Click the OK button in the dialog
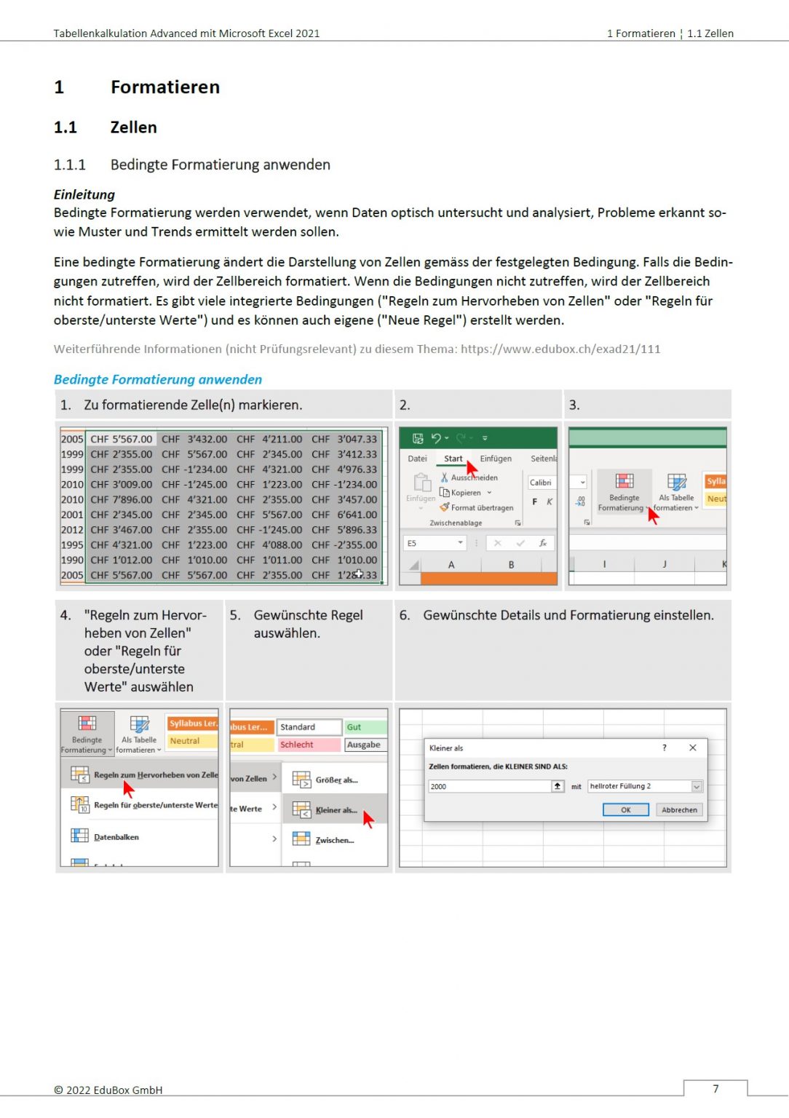click(625, 809)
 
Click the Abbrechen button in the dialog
click(678, 809)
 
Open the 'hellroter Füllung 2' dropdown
click(697, 786)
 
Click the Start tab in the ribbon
click(453, 459)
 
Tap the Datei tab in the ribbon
click(417, 459)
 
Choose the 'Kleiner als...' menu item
click(336, 810)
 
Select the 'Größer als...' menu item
click(336, 780)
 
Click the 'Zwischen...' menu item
click(334, 840)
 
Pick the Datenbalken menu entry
click(116, 837)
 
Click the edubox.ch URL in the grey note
click(560, 349)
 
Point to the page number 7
click(715, 1088)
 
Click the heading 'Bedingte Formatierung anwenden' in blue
click(158, 379)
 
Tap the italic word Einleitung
click(84, 194)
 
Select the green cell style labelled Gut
click(364, 726)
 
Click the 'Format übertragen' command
click(481, 507)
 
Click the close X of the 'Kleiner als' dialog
click(692, 748)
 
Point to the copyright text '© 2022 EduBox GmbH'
click(108, 1090)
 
